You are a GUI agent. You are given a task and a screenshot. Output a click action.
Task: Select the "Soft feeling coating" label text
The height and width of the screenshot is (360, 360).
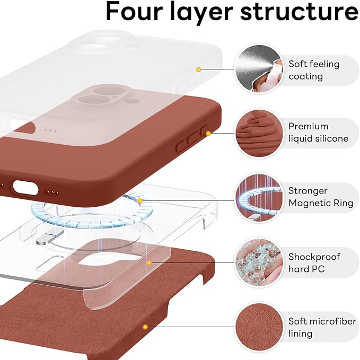click(314, 70)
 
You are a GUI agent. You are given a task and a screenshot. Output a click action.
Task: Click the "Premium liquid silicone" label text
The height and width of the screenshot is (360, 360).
click(318, 133)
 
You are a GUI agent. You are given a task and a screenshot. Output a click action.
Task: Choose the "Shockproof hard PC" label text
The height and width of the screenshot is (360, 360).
click(314, 263)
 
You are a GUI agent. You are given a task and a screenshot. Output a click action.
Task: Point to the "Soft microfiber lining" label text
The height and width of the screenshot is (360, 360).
click(321, 327)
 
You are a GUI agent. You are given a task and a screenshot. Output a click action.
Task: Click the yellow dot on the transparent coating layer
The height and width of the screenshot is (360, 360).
click(199, 69)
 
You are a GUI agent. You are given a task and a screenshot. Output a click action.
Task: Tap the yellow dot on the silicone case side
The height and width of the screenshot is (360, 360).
click(208, 133)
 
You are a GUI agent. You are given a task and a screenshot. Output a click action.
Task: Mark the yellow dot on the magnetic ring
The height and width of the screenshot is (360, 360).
click(141, 201)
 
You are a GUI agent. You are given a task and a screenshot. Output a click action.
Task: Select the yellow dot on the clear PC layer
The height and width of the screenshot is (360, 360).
click(150, 262)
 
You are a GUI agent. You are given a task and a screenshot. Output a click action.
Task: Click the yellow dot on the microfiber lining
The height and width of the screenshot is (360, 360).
click(144, 327)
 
